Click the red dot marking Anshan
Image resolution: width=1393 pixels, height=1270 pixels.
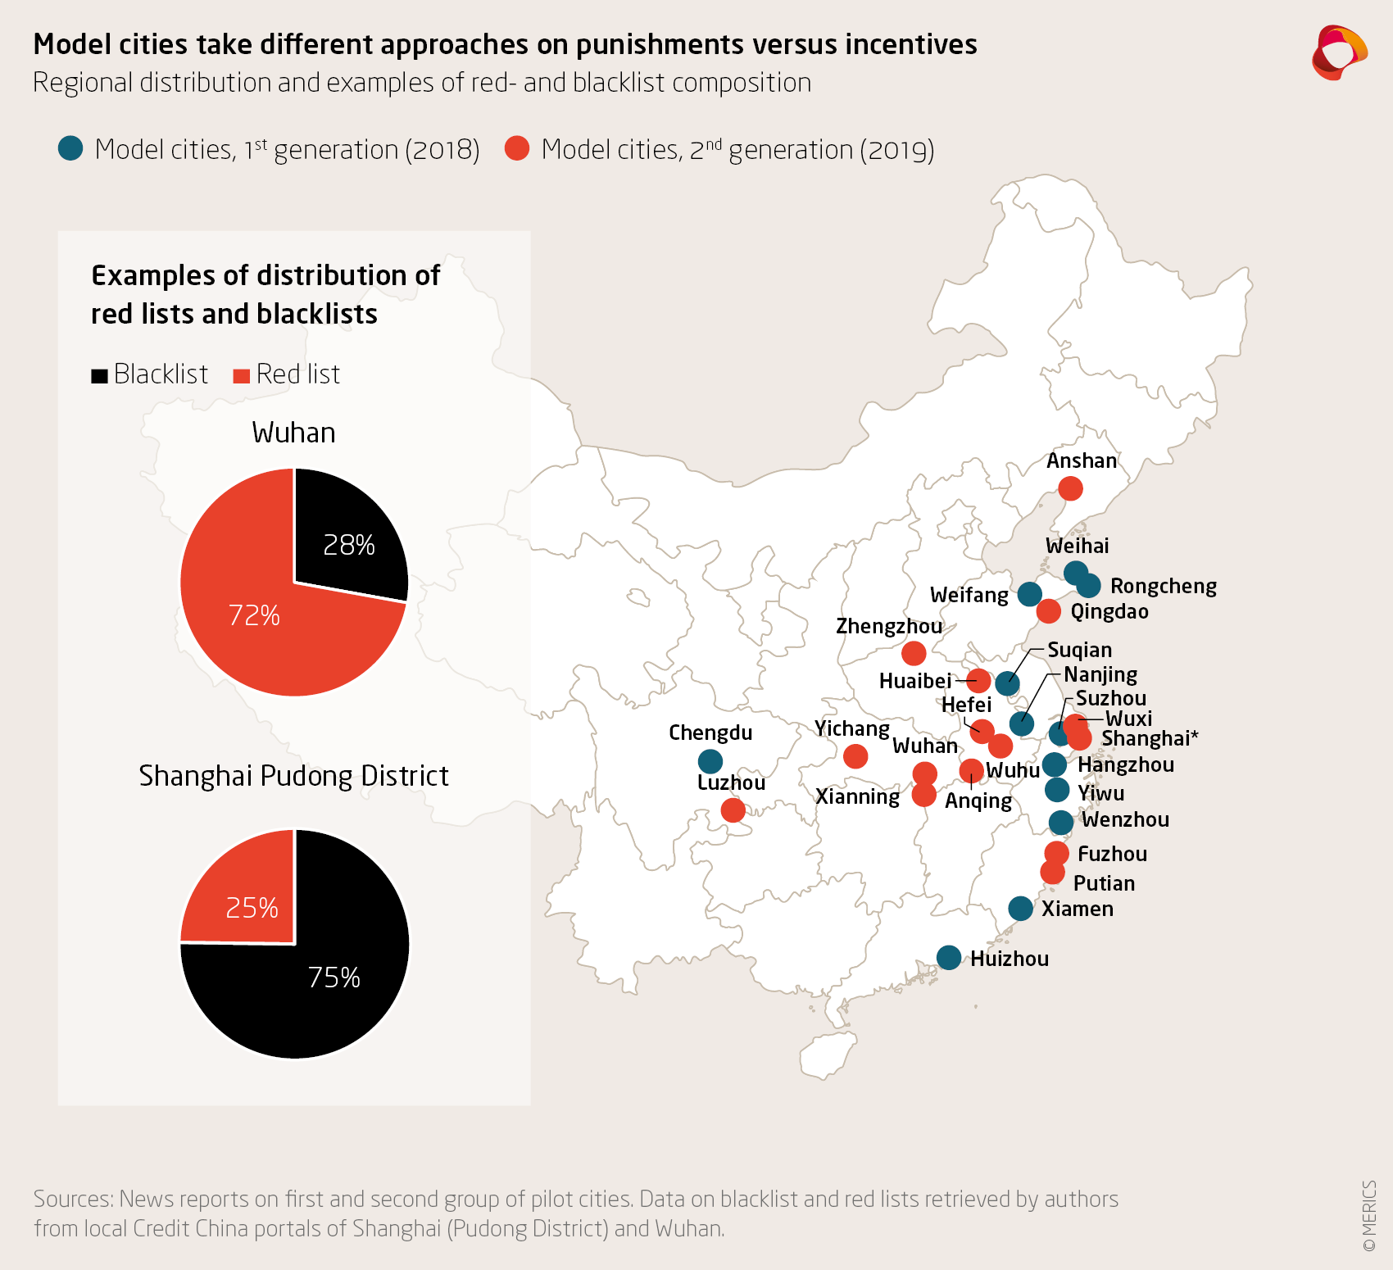pyautogui.click(x=1070, y=488)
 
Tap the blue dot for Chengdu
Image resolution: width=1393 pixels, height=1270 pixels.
pyautogui.click(x=710, y=761)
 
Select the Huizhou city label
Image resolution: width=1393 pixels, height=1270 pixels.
pyautogui.click(x=1010, y=959)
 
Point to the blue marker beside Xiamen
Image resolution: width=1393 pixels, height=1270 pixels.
pyautogui.click(x=1020, y=908)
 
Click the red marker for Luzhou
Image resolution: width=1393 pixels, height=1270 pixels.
pyautogui.click(x=733, y=810)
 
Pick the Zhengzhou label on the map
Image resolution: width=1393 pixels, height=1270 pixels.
pyautogui.click(x=889, y=626)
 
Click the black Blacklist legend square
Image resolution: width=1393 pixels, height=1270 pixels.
pyautogui.click(x=100, y=376)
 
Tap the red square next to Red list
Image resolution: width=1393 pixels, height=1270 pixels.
pyautogui.click(x=241, y=376)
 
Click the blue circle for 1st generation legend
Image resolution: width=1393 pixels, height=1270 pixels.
pyautogui.click(x=70, y=148)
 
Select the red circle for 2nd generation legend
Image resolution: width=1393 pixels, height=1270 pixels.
pyautogui.click(x=517, y=148)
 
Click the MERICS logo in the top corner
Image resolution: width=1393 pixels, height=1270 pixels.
pyautogui.click(x=1339, y=52)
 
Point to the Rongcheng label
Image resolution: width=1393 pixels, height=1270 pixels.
pyautogui.click(x=1163, y=586)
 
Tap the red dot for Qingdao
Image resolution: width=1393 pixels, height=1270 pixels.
pyautogui.click(x=1048, y=611)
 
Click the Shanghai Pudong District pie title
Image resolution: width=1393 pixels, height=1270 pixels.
pyautogui.click(x=293, y=775)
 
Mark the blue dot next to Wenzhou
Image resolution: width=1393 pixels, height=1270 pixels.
pyautogui.click(x=1061, y=822)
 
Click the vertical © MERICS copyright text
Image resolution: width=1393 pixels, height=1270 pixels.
pyautogui.click(x=1368, y=1216)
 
